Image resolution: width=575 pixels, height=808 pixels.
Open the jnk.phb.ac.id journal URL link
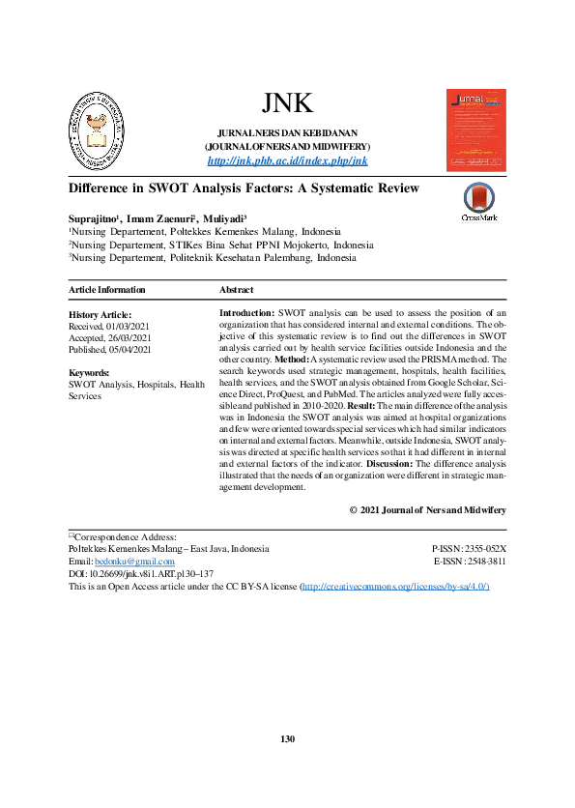click(287, 160)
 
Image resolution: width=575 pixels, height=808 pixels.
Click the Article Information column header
click(107, 290)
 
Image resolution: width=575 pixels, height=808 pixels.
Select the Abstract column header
click(237, 290)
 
